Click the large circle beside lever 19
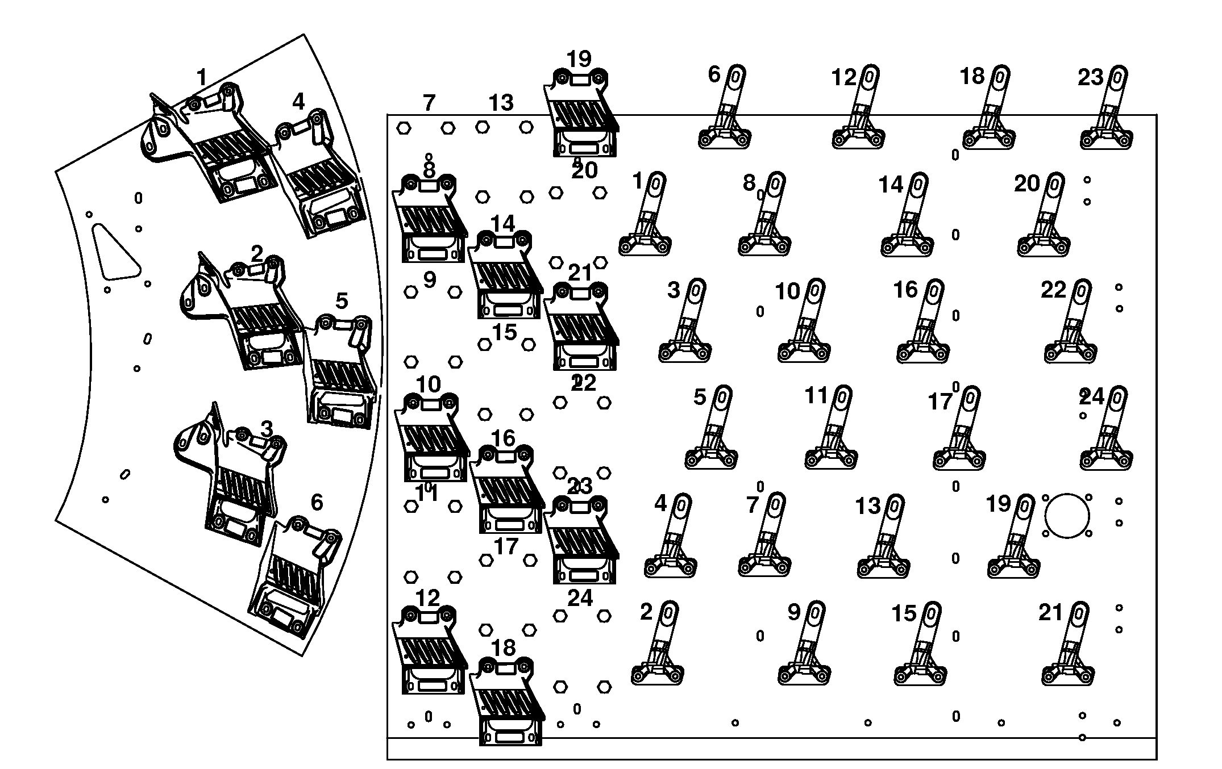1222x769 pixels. tap(1067, 516)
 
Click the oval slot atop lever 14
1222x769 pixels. tap(918, 185)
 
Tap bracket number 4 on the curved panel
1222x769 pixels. tap(318, 176)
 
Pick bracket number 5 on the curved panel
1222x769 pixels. tap(341, 369)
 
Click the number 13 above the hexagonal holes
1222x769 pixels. tap(501, 103)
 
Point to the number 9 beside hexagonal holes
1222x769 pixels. tap(430, 279)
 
